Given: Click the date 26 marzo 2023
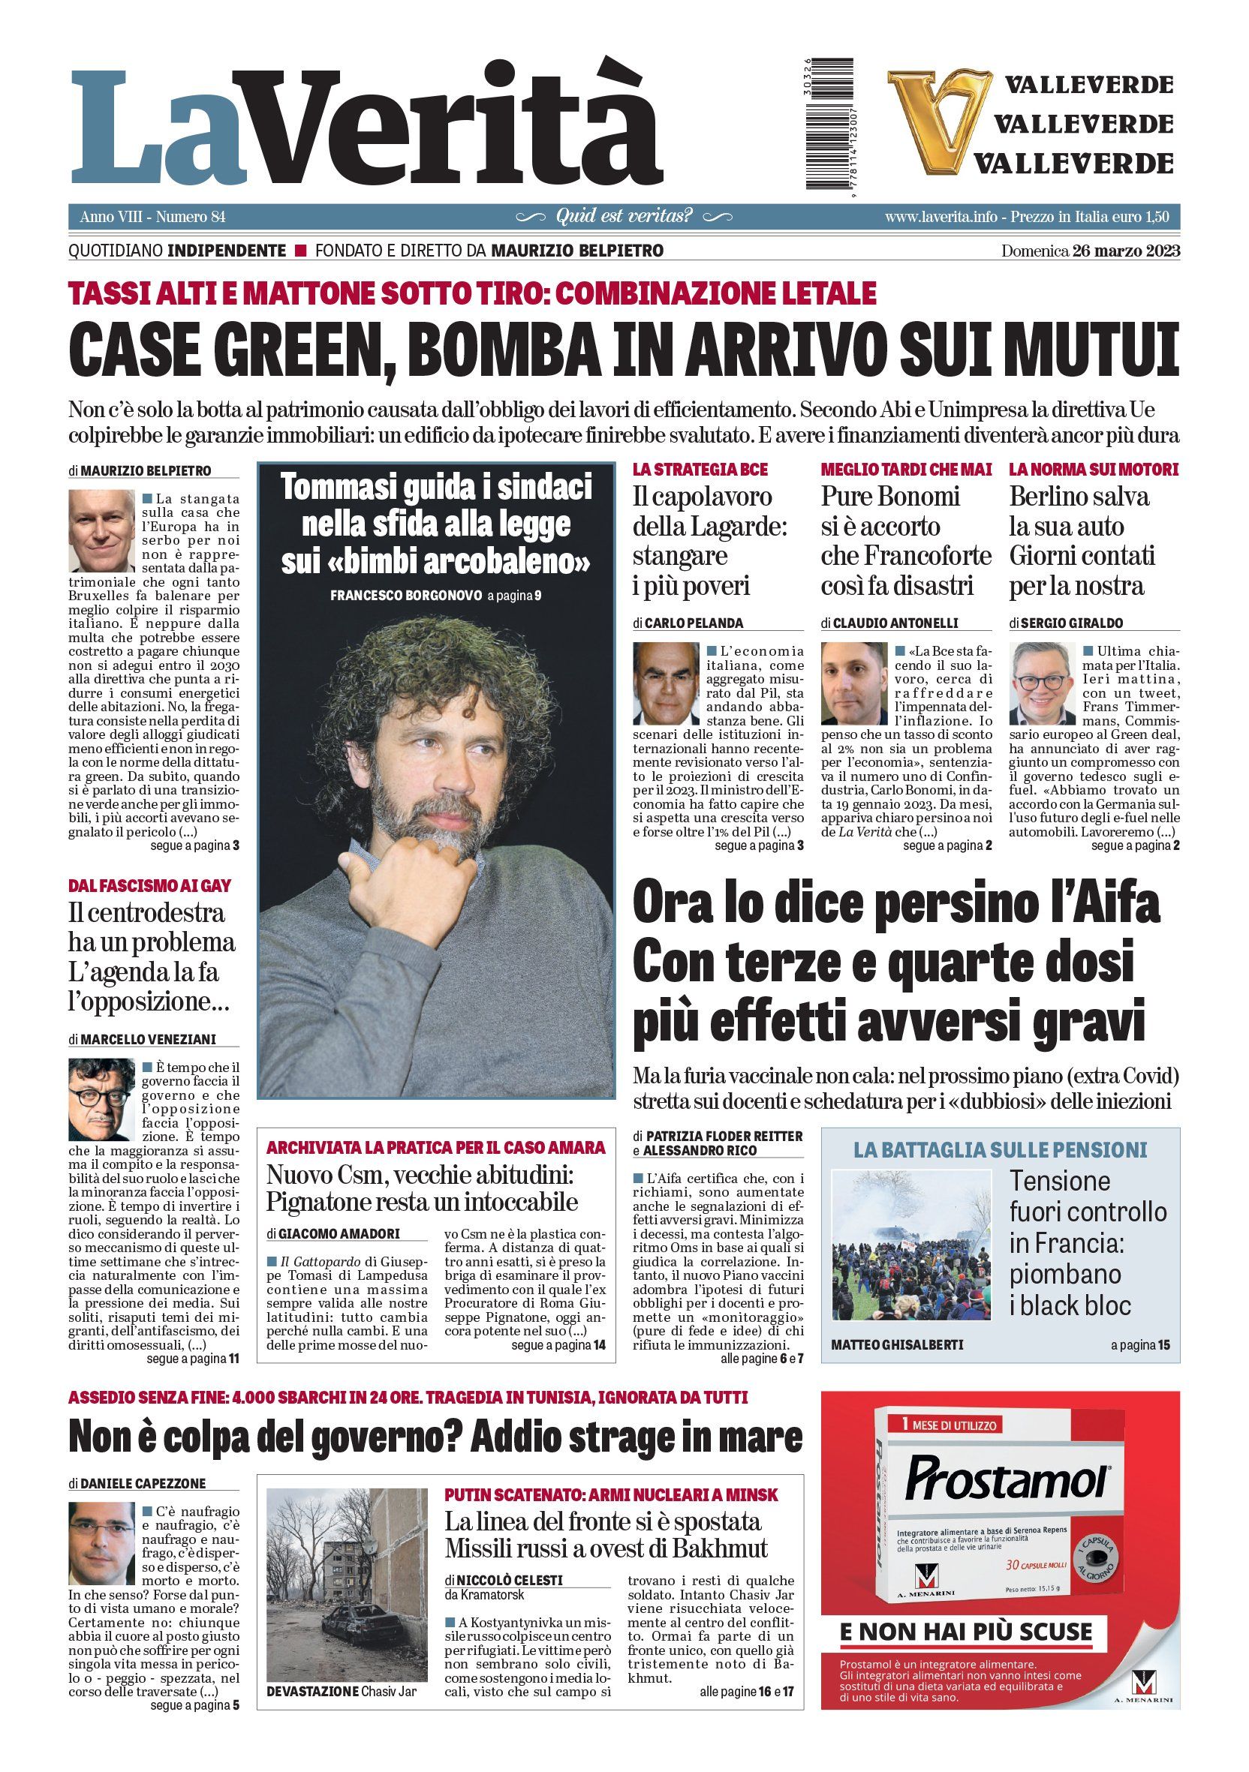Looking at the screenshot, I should (1125, 251).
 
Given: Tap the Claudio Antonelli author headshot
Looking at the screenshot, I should (853, 682).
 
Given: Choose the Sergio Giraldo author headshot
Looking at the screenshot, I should (1043, 682).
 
